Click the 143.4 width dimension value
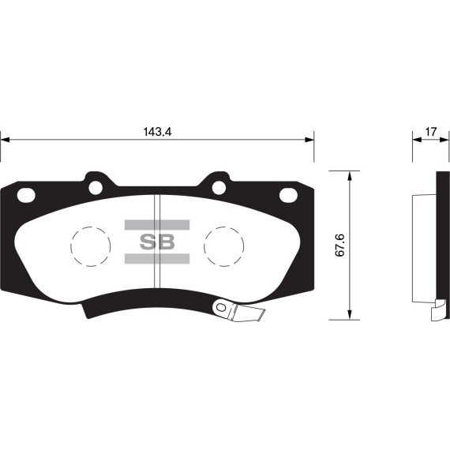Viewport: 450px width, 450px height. [158, 132]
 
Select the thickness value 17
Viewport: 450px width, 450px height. [430, 131]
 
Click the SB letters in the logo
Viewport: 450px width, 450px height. [157, 242]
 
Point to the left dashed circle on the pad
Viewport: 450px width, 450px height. [91, 245]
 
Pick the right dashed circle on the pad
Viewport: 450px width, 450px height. [223, 245]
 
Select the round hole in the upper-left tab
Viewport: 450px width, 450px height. [96, 188]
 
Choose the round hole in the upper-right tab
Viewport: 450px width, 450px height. [219, 188]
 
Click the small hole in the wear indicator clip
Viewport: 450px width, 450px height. [222, 308]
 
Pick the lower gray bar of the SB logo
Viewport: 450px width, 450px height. [157, 259]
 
